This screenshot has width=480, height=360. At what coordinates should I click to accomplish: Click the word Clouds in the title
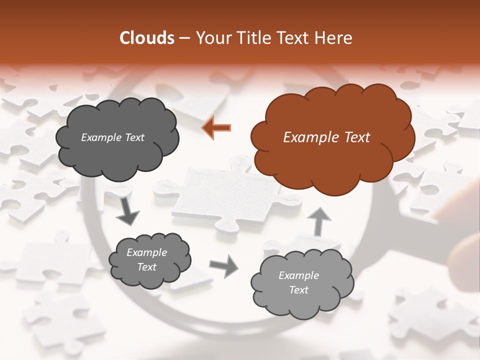point(147,38)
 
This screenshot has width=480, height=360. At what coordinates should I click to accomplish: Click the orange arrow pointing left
point(217,127)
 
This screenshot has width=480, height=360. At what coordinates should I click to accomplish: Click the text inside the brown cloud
point(326,137)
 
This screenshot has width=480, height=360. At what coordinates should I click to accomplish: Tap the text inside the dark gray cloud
point(112,137)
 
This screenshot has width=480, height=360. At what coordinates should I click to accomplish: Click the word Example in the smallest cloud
point(146,252)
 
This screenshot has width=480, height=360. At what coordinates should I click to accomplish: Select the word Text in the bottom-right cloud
point(298,290)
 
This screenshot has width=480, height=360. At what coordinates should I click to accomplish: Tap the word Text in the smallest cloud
point(146,267)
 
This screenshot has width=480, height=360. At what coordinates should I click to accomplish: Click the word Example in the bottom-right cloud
point(298,275)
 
